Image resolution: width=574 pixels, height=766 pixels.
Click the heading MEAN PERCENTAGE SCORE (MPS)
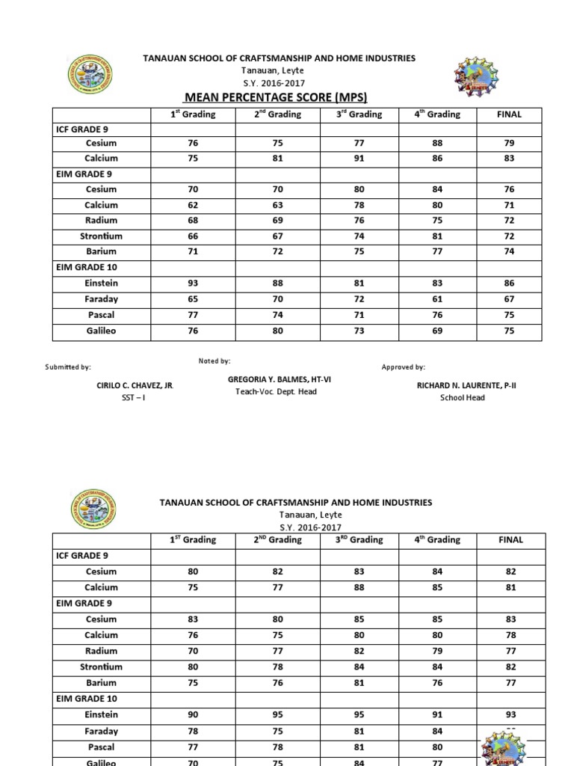(x=276, y=97)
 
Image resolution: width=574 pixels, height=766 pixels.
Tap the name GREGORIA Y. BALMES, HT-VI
(x=279, y=380)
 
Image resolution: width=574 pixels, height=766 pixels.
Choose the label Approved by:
(x=403, y=367)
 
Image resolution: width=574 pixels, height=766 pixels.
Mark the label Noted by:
(x=215, y=361)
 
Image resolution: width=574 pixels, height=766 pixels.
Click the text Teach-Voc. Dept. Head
(x=277, y=392)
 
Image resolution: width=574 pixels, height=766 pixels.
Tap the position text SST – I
(x=135, y=398)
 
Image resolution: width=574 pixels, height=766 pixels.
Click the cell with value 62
(x=193, y=205)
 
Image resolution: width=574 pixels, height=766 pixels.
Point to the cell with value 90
(x=193, y=715)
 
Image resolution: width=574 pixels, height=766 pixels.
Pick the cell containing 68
(x=193, y=221)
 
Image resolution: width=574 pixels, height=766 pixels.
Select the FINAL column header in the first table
(x=509, y=114)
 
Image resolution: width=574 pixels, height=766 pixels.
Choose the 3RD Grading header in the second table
(x=356, y=539)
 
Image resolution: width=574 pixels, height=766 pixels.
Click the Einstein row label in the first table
(x=102, y=284)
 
